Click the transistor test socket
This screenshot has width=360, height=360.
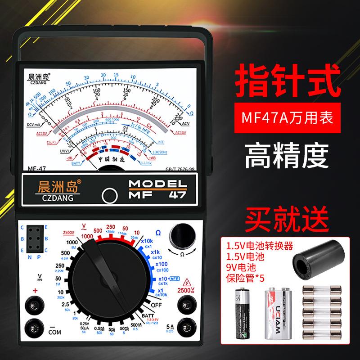point(35,238)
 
